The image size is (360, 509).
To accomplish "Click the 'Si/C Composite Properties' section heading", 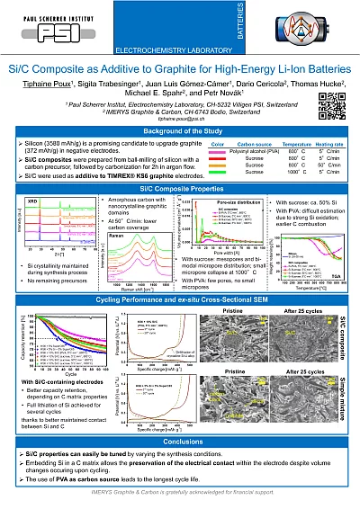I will tap(180, 189).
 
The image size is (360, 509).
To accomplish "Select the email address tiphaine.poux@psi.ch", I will tap(180, 119).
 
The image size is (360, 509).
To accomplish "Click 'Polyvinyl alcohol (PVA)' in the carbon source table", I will tap(237, 152).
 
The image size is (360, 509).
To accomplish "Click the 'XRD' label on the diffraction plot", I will tap(29, 201).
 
